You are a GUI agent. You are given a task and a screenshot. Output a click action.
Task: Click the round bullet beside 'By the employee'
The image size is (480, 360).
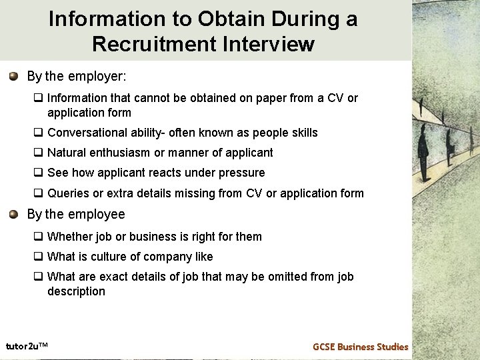click(x=14, y=214)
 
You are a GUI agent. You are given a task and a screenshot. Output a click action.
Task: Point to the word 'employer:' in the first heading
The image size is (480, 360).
click(x=101, y=76)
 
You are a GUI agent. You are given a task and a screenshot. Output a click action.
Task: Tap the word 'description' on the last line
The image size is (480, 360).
click(x=76, y=291)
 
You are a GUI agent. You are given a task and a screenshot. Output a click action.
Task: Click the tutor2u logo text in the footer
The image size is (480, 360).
click(x=27, y=345)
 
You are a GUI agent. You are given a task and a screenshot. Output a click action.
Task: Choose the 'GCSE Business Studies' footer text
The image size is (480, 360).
click(x=360, y=347)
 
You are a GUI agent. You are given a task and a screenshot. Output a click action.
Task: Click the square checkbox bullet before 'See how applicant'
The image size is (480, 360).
click(x=39, y=173)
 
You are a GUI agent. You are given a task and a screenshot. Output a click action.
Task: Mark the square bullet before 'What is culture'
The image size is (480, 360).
click(x=39, y=257)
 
